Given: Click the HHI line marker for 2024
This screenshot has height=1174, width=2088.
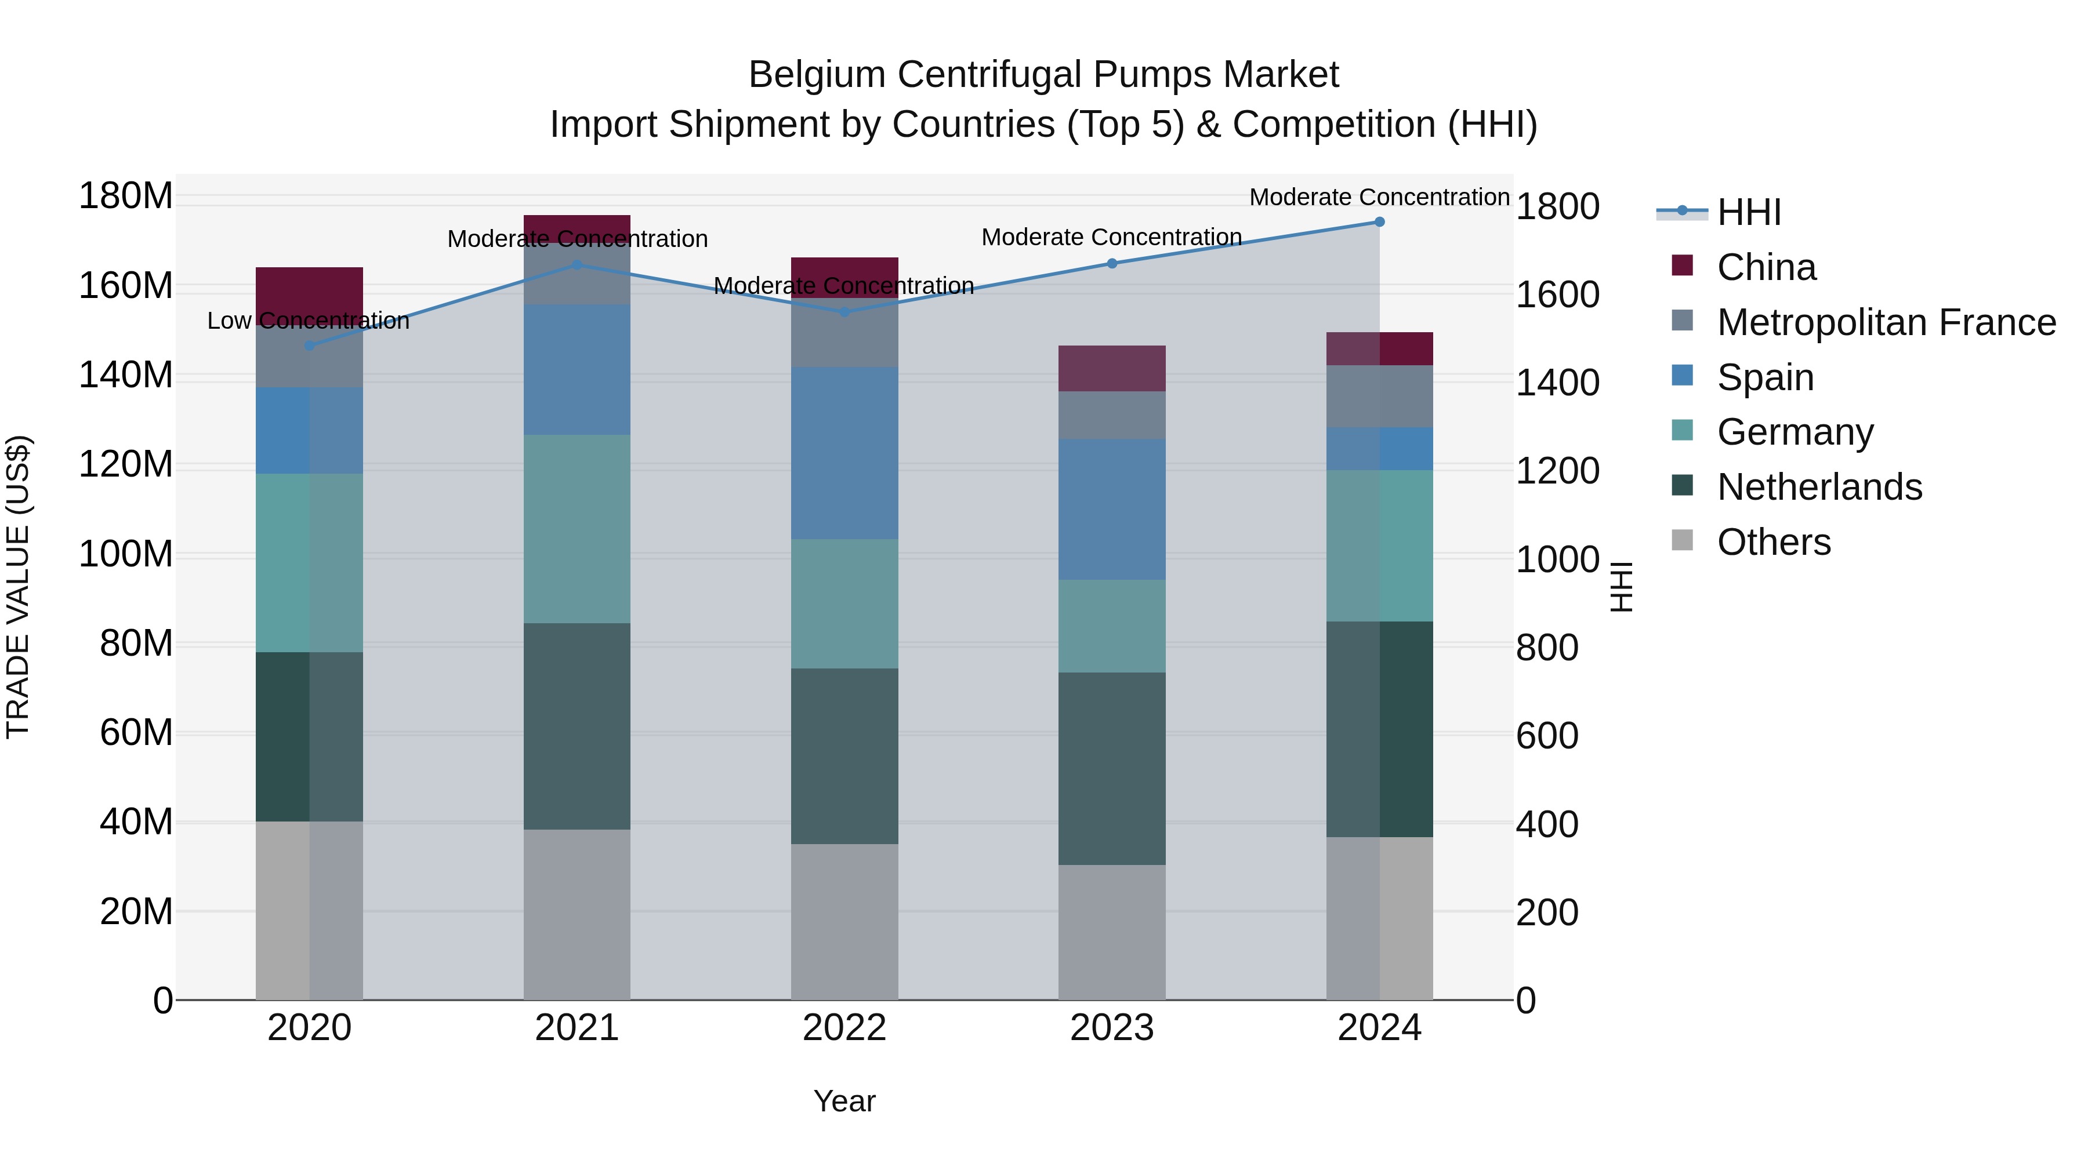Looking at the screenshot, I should pos(1379,222).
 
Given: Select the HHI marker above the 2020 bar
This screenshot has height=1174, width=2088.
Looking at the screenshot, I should pos(309,346).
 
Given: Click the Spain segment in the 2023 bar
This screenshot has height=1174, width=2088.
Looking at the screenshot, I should pos(1111,510).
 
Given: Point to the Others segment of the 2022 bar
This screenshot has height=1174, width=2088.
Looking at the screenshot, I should pos(844,922).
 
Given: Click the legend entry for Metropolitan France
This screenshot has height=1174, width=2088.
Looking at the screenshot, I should pos(1886,322).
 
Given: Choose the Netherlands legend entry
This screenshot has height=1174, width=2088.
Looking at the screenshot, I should pos(1819,487).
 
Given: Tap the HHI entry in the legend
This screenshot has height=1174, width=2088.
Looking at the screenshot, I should pos(1748,212).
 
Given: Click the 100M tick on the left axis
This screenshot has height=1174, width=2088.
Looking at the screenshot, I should pos(126,555).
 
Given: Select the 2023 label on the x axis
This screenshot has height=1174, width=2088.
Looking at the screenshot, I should pos(1111,1028).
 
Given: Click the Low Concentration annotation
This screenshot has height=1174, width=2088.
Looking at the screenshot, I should pos(308,321).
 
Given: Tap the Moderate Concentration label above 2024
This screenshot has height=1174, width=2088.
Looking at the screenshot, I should pos(1379,197).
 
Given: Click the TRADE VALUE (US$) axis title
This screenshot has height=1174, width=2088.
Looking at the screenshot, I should pos(18,587).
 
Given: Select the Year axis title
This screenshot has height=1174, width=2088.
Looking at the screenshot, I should pos(844,1101).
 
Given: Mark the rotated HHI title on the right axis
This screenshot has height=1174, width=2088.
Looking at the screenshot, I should pos(1621,587).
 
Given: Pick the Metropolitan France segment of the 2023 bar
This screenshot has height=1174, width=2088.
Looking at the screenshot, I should pos(1111,416).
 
